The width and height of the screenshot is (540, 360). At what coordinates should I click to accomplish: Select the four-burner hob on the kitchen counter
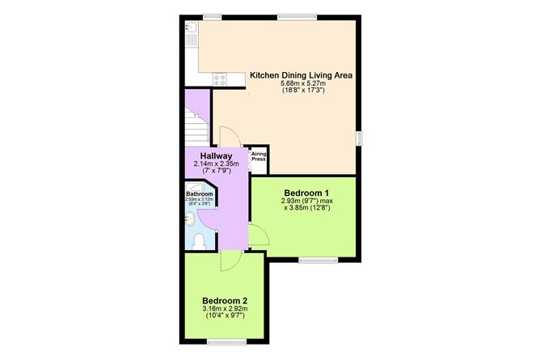click(220, 78)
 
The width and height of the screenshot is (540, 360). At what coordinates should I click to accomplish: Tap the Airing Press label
click(259, 156)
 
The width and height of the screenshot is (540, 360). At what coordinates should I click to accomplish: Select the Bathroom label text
click(199, 194)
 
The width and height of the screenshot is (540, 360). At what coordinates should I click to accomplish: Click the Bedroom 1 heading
click(306, 192)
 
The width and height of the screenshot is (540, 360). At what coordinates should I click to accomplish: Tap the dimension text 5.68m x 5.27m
click(303, 83)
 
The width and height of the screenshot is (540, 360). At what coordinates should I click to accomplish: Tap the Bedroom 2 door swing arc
click(229, 260)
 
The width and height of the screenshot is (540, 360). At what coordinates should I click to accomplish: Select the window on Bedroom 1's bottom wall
click(318, 260)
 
